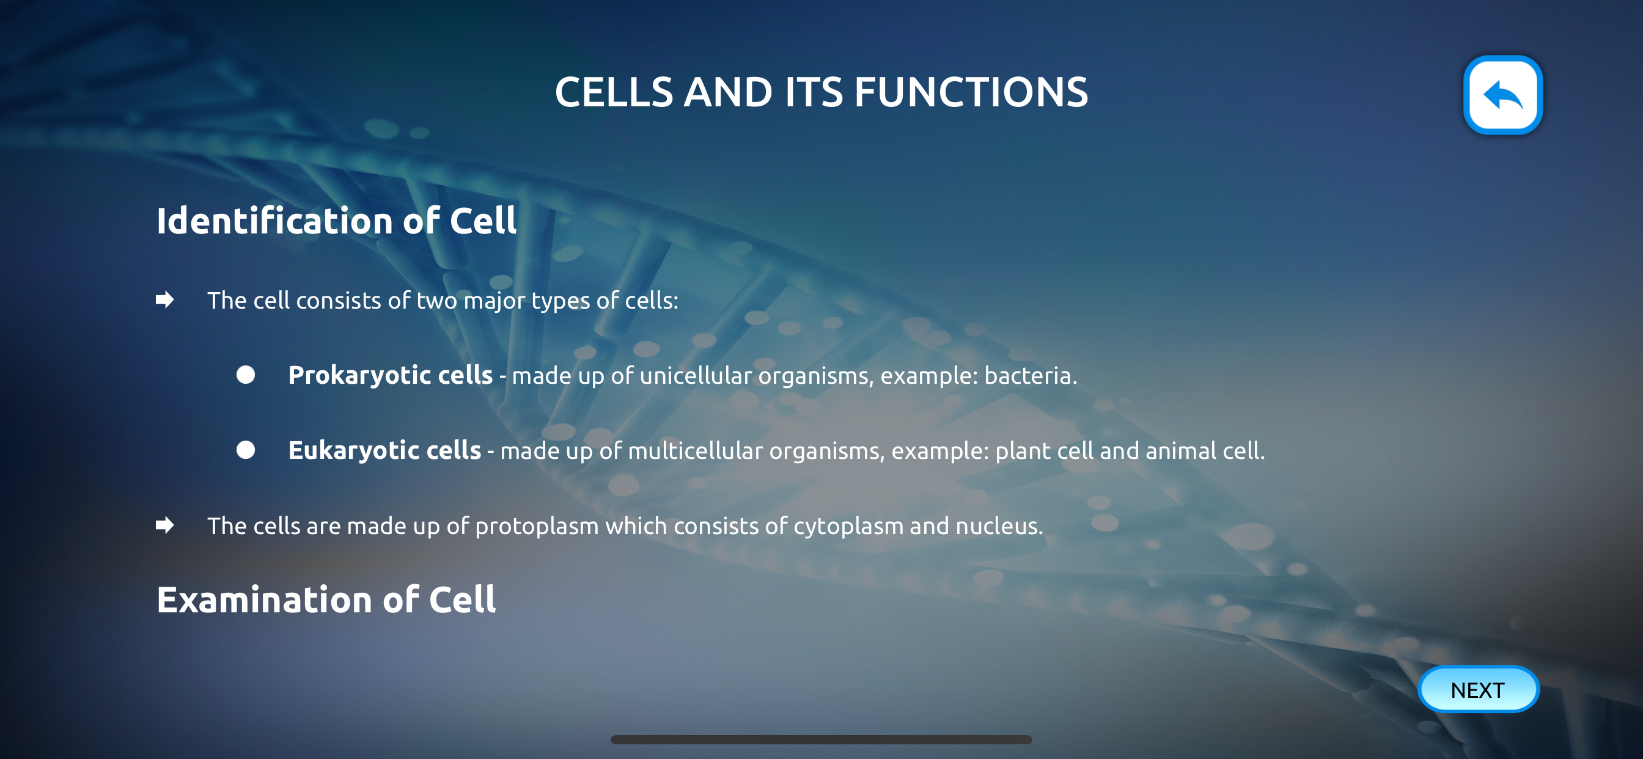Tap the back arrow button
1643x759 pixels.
(1502, 95)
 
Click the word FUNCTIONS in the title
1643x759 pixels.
(971, 92)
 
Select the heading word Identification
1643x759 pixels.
(274, 221)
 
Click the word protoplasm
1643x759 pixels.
(537, 527)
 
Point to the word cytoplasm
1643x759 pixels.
(848, 527)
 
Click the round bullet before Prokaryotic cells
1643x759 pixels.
(246, 375)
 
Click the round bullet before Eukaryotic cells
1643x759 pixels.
(246, 450)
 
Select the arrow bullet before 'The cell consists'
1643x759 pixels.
(164, 300)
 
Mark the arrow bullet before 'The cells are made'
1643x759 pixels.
(164, 526)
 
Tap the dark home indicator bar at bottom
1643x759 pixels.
(821, 740)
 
